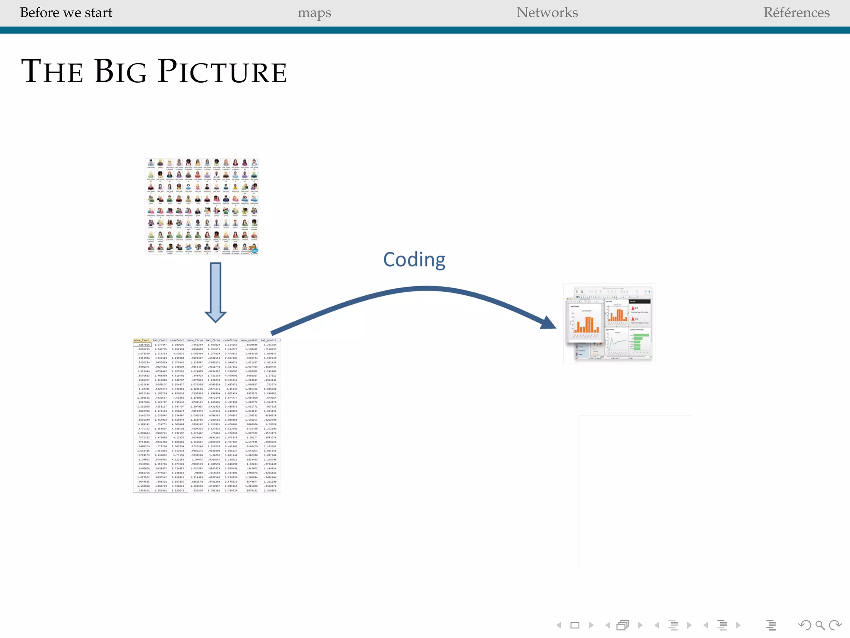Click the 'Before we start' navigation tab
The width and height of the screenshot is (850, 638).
point(66,13)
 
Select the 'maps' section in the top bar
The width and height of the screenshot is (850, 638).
point(314,13)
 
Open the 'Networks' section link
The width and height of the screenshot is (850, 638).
point(547,13)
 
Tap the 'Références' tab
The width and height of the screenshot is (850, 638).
point(796,13)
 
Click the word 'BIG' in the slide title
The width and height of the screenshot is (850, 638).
point(120,71)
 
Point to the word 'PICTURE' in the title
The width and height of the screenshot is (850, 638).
point(222,71)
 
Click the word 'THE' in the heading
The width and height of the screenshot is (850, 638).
point(52,71)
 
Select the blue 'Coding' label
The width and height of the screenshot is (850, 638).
point(414,260)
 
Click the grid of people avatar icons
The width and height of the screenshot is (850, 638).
point(202,206)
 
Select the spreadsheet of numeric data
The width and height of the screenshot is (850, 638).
point(207,416)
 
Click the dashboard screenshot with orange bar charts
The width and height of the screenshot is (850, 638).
point(609,324)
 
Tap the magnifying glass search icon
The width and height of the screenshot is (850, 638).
point(820,625)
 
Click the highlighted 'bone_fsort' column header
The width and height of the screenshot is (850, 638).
point(142,341)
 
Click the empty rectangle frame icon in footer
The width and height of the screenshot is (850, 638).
point(575,625)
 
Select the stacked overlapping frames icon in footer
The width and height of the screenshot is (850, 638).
point(623,625)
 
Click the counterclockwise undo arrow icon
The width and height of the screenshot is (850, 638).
point(804,625)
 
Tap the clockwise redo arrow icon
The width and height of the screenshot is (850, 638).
point(835,625)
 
